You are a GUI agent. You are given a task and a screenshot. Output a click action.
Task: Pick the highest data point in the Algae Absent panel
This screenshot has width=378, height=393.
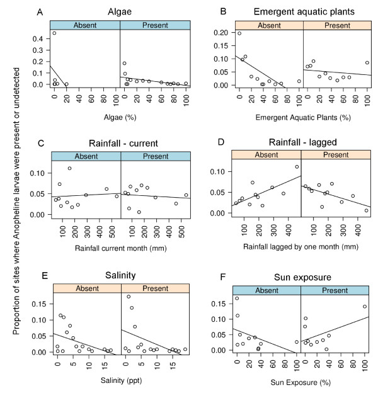click(54, 33)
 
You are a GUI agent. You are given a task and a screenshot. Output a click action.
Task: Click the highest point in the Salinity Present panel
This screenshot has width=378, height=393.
click(129, 297)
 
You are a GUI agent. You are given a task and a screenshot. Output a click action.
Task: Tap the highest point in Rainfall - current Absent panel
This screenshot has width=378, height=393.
click(70, 168)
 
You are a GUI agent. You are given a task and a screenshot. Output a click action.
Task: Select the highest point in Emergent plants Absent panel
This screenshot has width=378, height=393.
click(239, 33)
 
